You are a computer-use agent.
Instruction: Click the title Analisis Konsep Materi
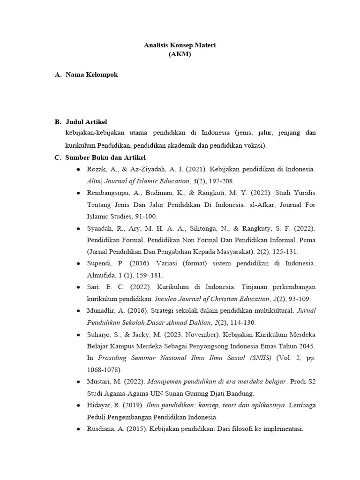[180, 45]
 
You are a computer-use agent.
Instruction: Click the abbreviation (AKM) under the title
[180, 54]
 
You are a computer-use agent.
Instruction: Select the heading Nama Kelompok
[91, 75]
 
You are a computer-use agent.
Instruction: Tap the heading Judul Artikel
[87, 122]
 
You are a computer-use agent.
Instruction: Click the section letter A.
[58, 75]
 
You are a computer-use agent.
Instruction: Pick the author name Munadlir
[102, 310]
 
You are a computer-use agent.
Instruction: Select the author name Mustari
[98, 381]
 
